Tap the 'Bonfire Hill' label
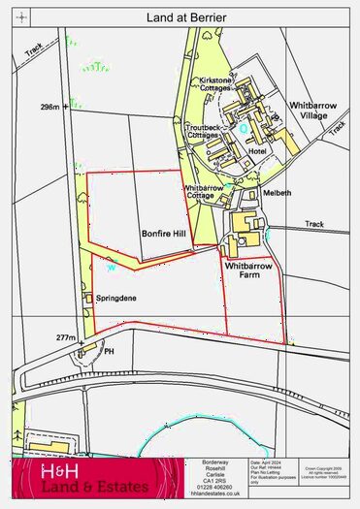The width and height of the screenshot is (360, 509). click(x=161, y=234)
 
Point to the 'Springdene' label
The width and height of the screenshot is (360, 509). click(x=117, y=299)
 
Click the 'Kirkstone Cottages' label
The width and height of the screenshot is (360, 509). click(x=214, y=83)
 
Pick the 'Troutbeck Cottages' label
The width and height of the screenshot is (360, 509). click(x=203, y=131)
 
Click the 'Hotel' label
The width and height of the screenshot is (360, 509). click(x=257, y=151)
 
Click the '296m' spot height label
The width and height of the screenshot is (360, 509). click(x=51, y=106)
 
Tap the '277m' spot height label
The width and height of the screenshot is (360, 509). click(x=65, y=337)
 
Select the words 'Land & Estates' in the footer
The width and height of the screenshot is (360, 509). click(x=94, y=487)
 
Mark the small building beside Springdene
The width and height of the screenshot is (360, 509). click(x=87, y=297)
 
